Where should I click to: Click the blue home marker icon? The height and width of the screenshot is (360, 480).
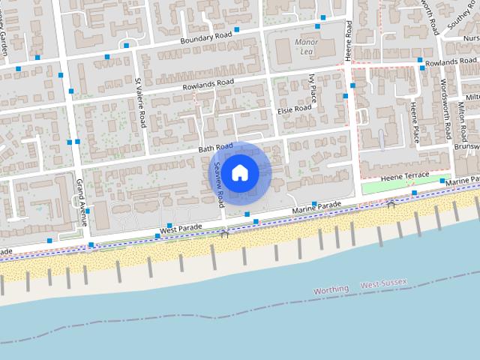239,172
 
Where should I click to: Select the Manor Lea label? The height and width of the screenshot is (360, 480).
307,46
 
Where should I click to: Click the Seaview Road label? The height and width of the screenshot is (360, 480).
220,184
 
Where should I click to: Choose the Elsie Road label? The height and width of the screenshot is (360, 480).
294,109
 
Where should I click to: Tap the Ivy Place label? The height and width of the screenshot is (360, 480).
312,88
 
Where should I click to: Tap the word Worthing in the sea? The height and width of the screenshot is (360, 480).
331,289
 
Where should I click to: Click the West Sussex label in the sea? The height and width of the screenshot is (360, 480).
383,283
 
